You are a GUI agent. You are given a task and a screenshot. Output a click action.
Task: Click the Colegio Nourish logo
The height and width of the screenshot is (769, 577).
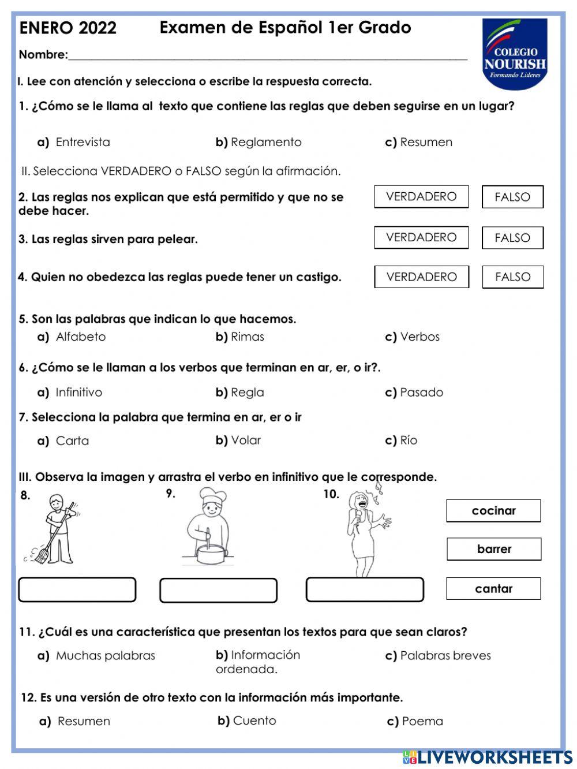coord(514,54)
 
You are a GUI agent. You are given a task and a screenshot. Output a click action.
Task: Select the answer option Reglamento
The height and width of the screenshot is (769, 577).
coord(265,142)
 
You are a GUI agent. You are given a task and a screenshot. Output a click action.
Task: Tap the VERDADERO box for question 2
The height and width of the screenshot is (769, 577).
coord(421,197)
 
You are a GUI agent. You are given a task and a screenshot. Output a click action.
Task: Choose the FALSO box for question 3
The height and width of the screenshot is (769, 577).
coord(512,237)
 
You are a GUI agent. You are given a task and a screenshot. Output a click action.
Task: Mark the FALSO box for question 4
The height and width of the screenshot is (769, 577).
coord(512,277)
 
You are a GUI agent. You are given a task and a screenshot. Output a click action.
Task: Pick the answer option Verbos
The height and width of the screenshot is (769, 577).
coord(419,337)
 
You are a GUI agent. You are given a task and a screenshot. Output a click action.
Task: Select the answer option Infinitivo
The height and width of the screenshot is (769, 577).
coord(78,393)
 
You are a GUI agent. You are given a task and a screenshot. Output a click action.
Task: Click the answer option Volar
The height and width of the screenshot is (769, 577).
coord(246,441)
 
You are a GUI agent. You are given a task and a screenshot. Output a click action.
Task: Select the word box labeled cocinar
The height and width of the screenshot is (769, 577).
coord(493,511)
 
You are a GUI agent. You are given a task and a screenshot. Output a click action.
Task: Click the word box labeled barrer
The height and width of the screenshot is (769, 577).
coord(494,549)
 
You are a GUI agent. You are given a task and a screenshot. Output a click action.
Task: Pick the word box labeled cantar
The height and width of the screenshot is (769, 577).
coord(493,589)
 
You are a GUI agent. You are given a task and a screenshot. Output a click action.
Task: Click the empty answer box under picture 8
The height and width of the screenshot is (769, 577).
coord(77,589)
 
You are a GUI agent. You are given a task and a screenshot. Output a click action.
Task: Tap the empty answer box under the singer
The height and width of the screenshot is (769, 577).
coord(364,589)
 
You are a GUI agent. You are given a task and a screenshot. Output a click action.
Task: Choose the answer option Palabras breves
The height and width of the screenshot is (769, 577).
coord(445,656)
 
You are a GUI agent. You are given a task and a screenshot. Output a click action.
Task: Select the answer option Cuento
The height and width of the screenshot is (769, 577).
coord(254,721)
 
